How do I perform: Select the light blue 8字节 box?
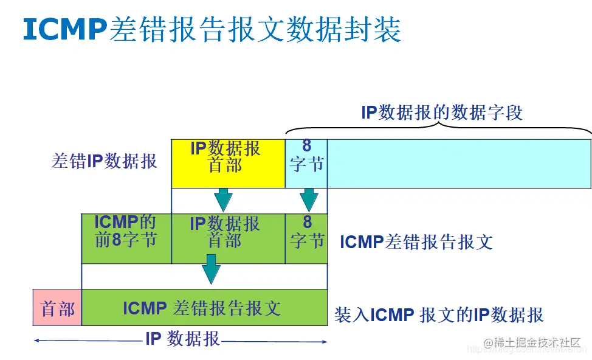coord(306,163)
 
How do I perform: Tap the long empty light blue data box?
coord(459,163)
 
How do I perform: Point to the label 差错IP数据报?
coord(105,161)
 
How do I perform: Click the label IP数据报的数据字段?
coord(442,113)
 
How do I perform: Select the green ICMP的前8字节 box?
coord(126,238)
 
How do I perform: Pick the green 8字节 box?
coord(306,238)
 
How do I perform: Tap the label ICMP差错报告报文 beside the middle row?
coord(416,242)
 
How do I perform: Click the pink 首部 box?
coord(57,308)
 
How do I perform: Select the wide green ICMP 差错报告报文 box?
coord(204,308)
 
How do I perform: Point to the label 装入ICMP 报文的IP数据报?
coord(439,315)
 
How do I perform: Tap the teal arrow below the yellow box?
coord(223,199)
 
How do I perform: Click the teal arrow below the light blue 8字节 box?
coord(309,199)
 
